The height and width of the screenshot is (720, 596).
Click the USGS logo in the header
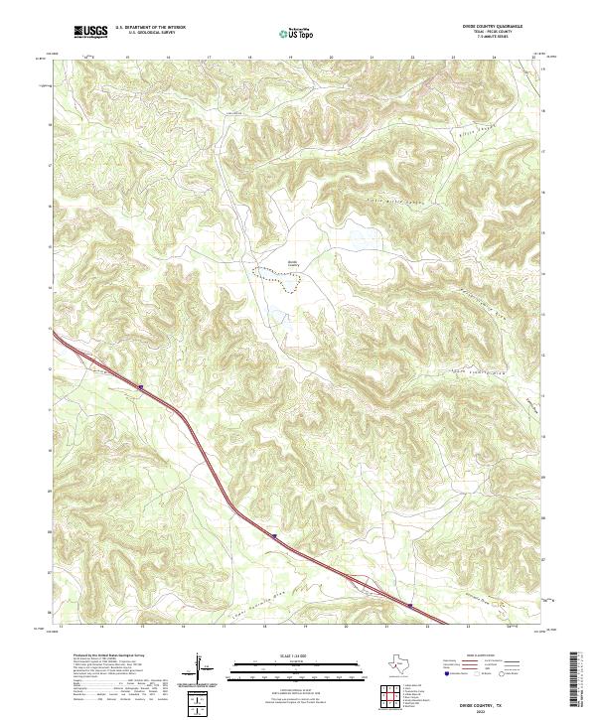(91, 32)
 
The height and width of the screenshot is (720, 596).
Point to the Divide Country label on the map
(293, 262)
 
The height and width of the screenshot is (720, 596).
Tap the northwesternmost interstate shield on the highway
(141, 387)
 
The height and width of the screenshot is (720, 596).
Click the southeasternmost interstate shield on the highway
(410, 602)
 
